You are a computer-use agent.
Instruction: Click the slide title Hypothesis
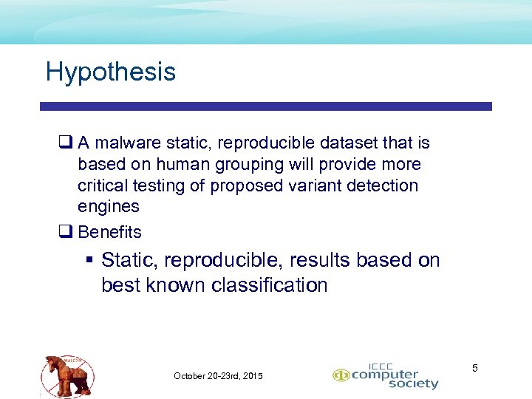click(x=111, y=72)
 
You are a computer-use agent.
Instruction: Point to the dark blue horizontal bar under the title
click(x=266, y=106)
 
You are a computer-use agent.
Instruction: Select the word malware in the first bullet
click(x=124, y=143)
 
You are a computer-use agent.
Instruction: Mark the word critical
click(x=103, y=185)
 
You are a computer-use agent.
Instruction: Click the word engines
click(x=108, y=207)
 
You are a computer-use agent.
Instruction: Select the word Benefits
click(x=109, y=232)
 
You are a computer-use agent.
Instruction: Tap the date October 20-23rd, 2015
click(x=218, y=376)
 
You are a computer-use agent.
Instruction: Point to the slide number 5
click(x=475, y=367)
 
